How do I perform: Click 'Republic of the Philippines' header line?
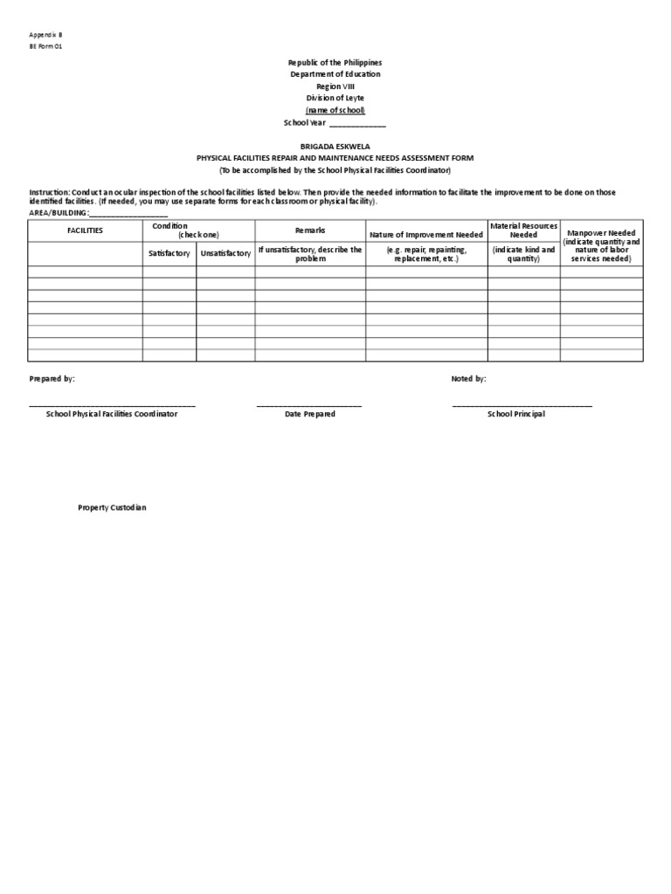click(335, 63)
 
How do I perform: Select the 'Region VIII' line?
click(335, 86)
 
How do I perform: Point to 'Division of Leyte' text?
click(335, 99)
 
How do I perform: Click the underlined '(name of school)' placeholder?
click(335, 111)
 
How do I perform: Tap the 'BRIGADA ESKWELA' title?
click(335, 147)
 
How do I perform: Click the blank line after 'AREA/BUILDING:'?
click(128, 213)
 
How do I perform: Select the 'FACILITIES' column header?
click(86, 230)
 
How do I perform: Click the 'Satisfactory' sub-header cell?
click(169, 253)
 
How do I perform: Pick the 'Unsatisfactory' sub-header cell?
click(225, 253)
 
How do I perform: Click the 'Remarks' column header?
click(310, 230)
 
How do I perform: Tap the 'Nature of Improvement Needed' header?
click(426, 235)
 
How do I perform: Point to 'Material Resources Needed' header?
click(523, 230)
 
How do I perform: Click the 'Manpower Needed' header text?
click(601, 233)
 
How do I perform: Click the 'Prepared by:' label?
click(52, 379)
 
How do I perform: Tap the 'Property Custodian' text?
click(112, 507)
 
